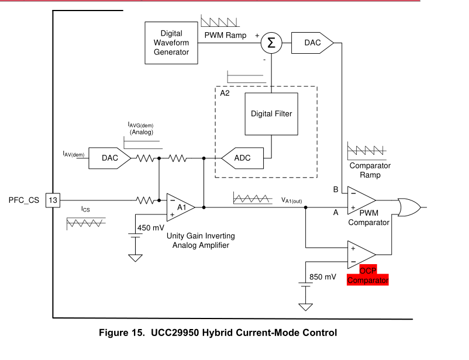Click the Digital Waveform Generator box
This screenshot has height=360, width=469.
point(171,43)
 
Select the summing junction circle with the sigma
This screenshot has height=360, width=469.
point(271,43)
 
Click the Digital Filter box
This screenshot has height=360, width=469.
point(271,114)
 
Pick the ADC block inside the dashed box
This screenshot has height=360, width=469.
point(242,158)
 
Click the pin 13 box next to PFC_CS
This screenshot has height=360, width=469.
point(51,200)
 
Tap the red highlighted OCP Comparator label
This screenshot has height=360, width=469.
point(368,275)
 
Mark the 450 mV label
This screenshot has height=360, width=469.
point(151,228)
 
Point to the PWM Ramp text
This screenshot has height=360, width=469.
point(226,36)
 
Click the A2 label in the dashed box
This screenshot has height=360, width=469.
point(225,92)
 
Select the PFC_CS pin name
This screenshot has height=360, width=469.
point(24,200)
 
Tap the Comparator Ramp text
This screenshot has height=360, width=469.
point(370,170)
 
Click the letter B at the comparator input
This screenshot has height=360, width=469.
point(336,190)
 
